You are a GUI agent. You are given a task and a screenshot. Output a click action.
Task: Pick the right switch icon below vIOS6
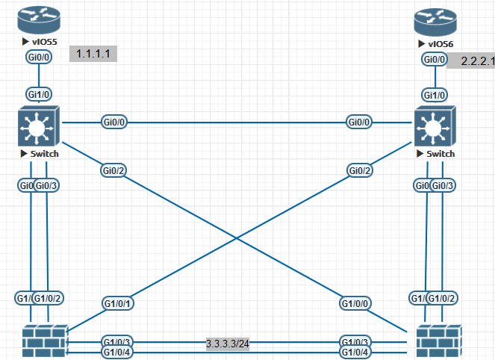[x=434, y=129]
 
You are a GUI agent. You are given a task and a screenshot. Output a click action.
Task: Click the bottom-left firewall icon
[x=42, y=342]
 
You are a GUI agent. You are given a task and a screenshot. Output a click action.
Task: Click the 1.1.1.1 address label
[x=94, y=54]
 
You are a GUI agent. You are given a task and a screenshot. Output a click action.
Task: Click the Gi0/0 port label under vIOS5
[x=38, y=57]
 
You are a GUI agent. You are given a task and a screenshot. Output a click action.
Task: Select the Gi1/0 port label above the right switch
[x=435, y=95]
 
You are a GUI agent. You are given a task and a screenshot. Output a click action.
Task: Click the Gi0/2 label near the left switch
[x=113, y=170]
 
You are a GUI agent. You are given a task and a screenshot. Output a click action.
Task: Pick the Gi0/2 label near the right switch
[x=360, y=170]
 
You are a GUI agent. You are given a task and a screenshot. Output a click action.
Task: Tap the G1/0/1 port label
[x=117, y=303]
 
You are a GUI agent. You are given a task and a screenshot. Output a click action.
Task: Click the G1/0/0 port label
[x=355, y=303]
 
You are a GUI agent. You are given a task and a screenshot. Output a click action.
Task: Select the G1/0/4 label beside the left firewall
[x=116, y=352]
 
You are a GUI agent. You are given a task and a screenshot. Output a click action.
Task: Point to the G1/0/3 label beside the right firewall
[x=355, y=341]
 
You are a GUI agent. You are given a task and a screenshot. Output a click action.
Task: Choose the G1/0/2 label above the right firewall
[x=446, y=298]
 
